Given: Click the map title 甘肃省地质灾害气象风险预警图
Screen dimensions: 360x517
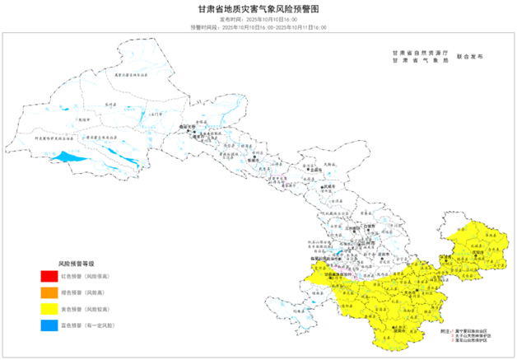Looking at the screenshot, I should (258, 9).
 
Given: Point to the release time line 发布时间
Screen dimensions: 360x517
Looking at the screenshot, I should (258, 19).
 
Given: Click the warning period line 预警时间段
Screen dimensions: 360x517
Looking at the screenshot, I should (258, 27).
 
